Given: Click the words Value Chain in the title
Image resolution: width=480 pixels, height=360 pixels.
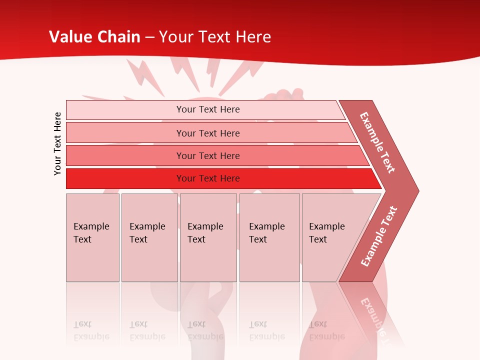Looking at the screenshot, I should [x=94, y=37].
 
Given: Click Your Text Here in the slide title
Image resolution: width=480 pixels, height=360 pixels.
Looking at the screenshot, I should [x=215, y=37].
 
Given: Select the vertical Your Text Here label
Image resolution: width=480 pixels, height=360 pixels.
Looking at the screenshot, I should [x=57, y=143].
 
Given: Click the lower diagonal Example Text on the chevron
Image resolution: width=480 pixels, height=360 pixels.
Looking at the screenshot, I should [x=379, y=236].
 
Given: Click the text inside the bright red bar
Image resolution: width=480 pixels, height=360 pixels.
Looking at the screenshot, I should [x=208, y=178].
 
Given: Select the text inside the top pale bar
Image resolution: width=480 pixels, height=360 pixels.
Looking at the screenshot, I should [x=208, y=109].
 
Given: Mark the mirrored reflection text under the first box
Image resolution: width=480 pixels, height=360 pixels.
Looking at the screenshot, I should [x=91, y=330].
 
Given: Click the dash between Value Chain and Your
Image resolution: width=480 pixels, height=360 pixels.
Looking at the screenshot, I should [x=149, y=37].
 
